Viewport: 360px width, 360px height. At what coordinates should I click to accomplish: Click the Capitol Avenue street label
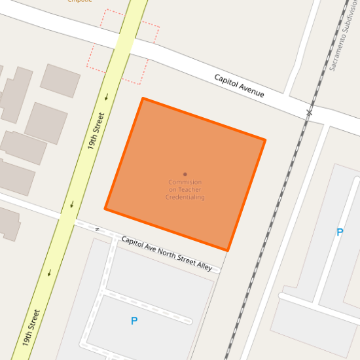pos(240,86)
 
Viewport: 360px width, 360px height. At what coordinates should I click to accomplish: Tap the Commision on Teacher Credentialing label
pos(185,190)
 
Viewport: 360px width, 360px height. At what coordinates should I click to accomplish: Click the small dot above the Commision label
pos(185,174)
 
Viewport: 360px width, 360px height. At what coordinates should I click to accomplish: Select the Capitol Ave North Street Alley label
pos(167,253)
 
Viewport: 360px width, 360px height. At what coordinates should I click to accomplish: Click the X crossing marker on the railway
pos(309,113)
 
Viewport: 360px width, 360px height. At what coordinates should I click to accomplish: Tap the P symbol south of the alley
pos(134,321)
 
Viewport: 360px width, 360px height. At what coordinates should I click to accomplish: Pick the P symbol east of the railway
pos(339,232)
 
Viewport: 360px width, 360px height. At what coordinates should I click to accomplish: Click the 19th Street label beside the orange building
pos(96,132)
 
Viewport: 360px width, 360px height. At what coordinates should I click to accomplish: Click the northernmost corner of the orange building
pos(143,99)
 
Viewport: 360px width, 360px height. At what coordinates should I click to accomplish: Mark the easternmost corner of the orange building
pos(264,140)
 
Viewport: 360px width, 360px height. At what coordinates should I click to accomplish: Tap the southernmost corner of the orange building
pos(227,250)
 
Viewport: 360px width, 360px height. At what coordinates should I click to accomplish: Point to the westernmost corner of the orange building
pos(105,209)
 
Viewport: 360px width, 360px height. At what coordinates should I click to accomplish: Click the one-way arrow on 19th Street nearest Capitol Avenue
pos(107,98)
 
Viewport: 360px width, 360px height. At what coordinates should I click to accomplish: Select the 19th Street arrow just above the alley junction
pos(71,205)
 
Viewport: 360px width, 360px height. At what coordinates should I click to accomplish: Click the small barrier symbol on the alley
pos(97,230)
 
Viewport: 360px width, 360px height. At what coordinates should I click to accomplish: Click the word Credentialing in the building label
pos(185,197)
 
